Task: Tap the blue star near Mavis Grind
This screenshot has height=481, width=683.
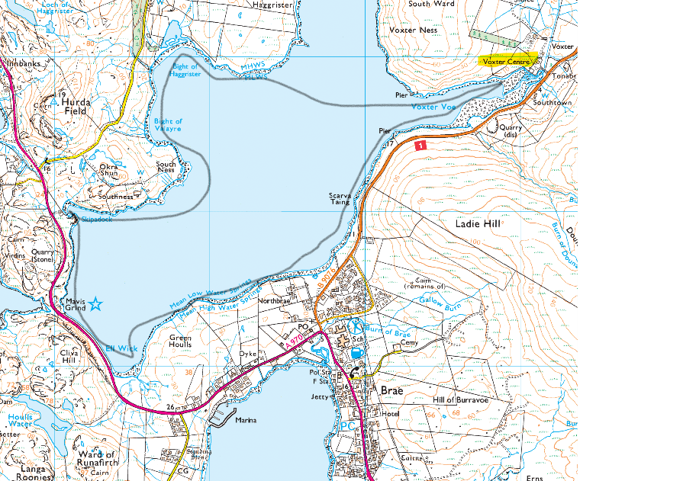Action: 95,305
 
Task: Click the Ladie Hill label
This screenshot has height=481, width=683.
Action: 478,224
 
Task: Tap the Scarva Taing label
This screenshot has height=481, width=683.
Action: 340,198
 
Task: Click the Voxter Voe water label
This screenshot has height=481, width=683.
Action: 433,107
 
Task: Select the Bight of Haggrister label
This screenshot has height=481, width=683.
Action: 185,71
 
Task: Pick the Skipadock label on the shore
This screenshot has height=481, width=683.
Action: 96,220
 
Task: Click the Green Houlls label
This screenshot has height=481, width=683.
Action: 180,341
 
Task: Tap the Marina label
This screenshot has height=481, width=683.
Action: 246,420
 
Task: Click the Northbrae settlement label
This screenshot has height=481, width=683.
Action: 275,301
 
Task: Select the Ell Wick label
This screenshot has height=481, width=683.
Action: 121,348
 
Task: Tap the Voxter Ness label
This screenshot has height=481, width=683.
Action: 413,30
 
